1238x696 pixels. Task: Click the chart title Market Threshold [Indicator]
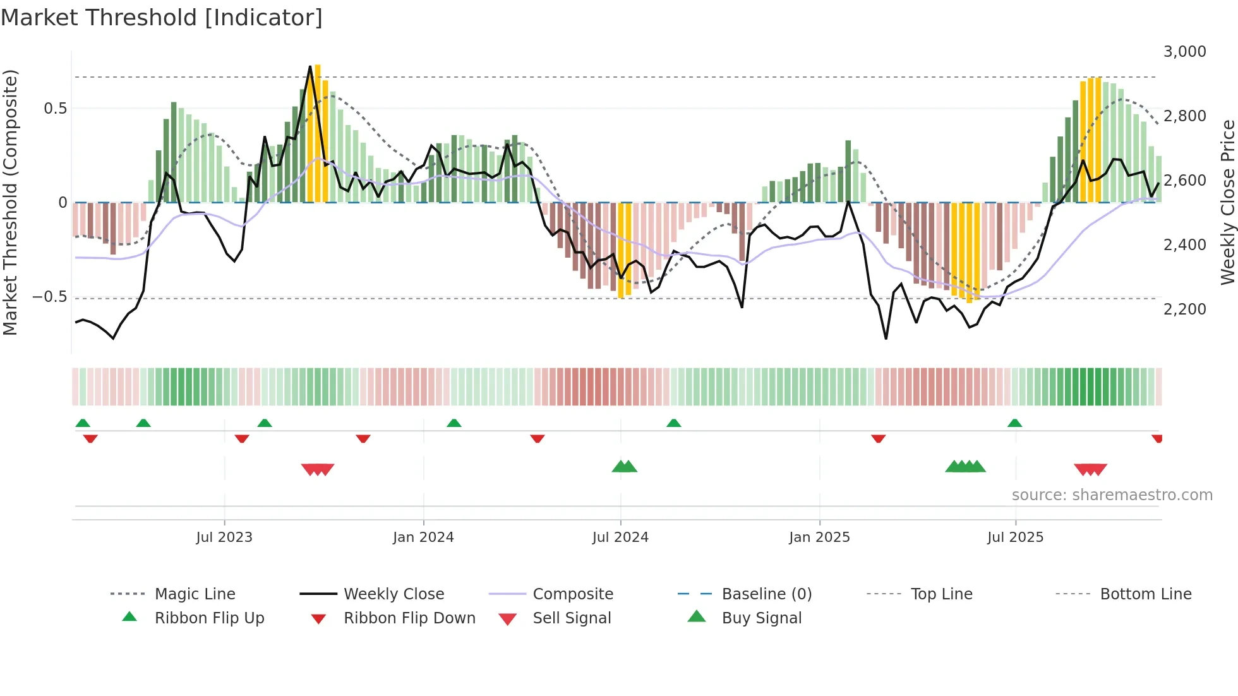(x=162, y=18)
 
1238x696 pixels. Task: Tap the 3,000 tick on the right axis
(x=1184, y=52)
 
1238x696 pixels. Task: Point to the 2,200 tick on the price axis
(x=1184, y=309)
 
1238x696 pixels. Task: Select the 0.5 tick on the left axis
(x=55, y=109)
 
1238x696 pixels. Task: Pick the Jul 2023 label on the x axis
(x=224, y=537)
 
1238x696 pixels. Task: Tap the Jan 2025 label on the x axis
(x=819, y=537)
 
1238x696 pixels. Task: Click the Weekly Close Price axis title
(x=1227, y=202)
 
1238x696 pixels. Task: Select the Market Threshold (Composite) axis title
(x=10, y=202)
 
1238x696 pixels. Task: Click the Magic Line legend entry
(x=195, y=594)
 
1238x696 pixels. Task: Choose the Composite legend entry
(x=572, y=594)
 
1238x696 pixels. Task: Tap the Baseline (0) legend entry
(x=766, y=594)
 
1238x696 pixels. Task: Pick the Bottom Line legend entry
(x=1145, y=594)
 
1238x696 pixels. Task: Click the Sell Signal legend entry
(x=571, y=618)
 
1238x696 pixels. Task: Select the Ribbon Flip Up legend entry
(x=209, y=618)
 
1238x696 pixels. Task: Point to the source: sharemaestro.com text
(x=1112, y=495)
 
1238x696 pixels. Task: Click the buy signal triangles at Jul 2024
(x=624, y=467)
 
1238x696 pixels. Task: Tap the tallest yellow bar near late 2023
(x=318, y=133)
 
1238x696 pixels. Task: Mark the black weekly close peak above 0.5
(x=310, y=68)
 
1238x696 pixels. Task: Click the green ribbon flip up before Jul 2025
(x=1014, y=423)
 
